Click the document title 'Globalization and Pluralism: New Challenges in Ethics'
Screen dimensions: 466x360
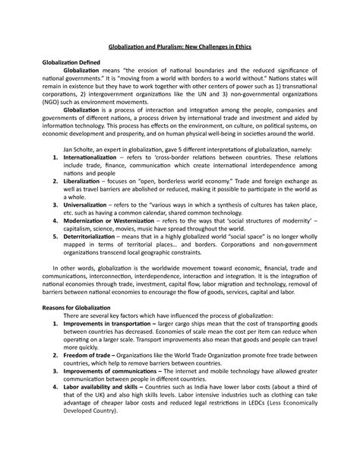[x=180, y=48]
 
